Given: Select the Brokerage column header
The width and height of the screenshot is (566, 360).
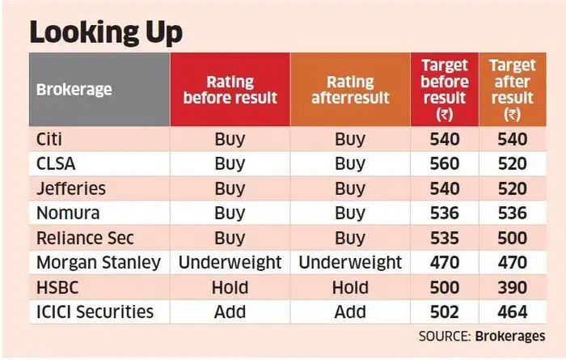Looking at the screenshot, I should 74,89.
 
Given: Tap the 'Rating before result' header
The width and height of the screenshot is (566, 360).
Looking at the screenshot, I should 230,90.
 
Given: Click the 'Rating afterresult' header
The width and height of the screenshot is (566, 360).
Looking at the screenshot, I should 349,90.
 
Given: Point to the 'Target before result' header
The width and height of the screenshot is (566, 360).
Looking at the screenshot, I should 444,89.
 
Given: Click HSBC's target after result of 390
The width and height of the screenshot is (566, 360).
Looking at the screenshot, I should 511,288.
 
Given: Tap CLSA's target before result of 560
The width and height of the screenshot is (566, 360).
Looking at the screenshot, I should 444,163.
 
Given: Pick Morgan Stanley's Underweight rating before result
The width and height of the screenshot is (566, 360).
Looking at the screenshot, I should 230,263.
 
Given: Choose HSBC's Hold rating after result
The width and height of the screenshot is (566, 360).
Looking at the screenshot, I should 349,288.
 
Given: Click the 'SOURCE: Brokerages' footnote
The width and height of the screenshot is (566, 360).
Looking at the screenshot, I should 482,336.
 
